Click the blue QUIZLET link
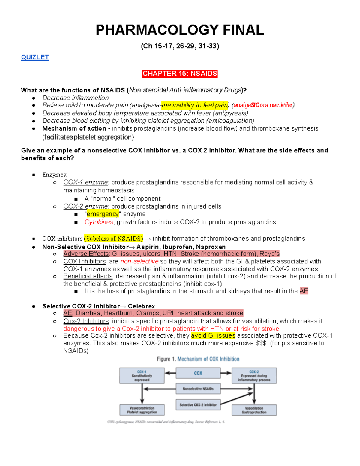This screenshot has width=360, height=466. pos(35,57)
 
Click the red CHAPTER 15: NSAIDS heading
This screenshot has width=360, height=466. pos(180,74)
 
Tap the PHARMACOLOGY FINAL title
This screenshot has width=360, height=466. pos(180,30)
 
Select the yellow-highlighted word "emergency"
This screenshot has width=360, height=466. pos(103,214)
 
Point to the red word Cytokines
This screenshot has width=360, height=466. pos(99,222)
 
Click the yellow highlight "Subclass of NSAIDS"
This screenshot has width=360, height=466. pos(113,239)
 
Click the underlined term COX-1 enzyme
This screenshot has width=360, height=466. pos(85,182)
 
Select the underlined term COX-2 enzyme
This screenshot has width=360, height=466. pos(85,206)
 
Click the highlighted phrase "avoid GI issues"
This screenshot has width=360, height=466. pos(213,335)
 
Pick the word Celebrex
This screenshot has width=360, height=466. pos(141,306)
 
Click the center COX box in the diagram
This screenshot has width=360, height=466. pos(198,373)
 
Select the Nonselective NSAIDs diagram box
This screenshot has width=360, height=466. pos(198,389)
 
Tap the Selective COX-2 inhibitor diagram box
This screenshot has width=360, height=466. pos(198,405)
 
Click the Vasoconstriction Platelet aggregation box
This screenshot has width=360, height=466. pos(142,410)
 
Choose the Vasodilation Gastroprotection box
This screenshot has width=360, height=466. pos(254,410)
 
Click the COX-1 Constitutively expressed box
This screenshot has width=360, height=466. pos(142,376)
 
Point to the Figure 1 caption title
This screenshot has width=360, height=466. pos(198,359)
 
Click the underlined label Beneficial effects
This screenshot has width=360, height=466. pos(88,276)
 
